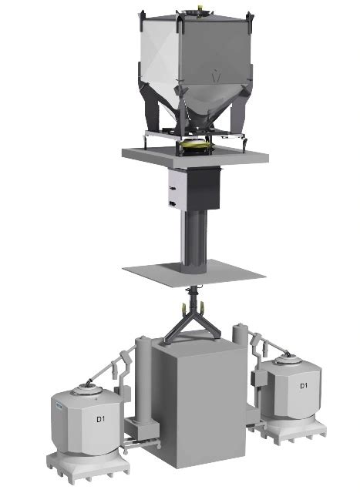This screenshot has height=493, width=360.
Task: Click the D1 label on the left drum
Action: (100, 419)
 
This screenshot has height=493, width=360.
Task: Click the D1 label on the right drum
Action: (304, 386)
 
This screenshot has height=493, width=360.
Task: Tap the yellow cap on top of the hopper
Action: (200, 8)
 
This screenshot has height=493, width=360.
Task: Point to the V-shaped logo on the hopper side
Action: (215, 76)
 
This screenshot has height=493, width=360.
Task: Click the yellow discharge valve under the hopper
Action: (194, 144)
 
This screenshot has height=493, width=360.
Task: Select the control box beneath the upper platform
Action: (194, 189)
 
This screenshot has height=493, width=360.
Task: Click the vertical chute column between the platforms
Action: (193, 240)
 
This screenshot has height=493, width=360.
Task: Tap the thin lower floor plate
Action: (194, 273)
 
